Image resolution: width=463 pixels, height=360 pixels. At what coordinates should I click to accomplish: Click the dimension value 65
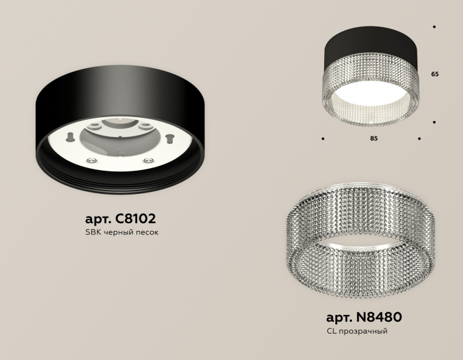pyautogui.click(x=435, y=75)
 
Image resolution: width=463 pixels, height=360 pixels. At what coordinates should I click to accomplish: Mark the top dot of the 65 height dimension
pyautogui.click(x=434, y=27)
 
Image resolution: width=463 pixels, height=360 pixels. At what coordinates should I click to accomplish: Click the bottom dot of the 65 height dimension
pyautogui.click(x=434, y=122)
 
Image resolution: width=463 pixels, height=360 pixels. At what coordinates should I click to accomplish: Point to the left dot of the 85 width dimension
pyautogui.click(x=323, y=139)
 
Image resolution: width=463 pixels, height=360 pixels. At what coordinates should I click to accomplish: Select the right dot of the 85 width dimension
pyautogui.click(x=419, y=139)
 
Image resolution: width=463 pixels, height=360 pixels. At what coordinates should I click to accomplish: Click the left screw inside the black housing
pyautogui.click(x=69, y=137)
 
